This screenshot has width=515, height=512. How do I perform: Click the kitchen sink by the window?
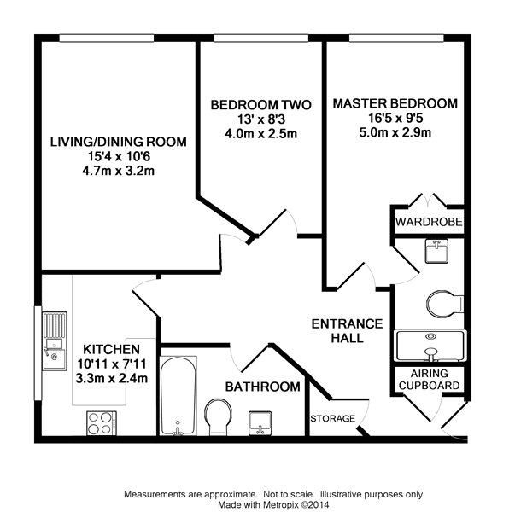click(55, 341)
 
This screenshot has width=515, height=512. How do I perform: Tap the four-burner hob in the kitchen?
click(102, 423)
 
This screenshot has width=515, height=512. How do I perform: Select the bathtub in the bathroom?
click(178, 396)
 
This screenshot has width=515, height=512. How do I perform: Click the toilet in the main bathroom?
click(218, 417)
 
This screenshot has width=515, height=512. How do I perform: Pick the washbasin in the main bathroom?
click(260, 423)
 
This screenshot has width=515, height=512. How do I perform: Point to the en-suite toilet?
click(445, 304)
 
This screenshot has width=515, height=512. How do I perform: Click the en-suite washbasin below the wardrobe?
click(436, 251)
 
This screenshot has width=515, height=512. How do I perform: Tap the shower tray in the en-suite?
click(430, 346)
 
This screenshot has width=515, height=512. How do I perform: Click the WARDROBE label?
click(429, 222)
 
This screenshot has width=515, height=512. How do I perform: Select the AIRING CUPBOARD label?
click(430, 379)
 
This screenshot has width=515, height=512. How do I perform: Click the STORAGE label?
click(333, 418)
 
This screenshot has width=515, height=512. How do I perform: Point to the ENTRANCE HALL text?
click(347, 331)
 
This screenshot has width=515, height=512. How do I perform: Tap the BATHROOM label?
click(263, 387)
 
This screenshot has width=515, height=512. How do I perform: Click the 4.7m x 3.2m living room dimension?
click(118, 171)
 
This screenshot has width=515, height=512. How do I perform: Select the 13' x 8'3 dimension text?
click(261, 119)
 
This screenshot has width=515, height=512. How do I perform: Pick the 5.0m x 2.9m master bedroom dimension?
click(395, 132)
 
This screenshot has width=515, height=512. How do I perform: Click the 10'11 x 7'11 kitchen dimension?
click(112, 364)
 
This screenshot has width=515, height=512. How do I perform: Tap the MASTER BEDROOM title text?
click(395, 103)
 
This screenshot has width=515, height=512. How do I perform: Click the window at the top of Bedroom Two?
click(261, 38)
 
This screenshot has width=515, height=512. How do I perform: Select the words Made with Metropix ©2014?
click(273, 504)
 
